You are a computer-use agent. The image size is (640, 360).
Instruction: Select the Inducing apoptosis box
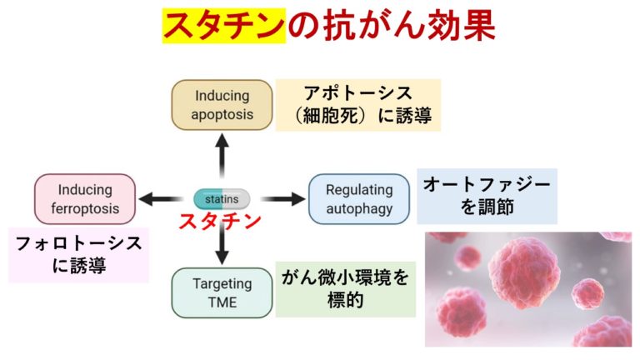222,105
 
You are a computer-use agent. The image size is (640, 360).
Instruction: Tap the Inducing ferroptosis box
85,199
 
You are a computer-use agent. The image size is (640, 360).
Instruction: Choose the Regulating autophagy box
359,199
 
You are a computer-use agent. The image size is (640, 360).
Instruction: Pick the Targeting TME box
222,292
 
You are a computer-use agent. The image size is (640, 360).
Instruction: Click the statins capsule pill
222,199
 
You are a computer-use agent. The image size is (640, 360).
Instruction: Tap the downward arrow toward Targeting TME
222,246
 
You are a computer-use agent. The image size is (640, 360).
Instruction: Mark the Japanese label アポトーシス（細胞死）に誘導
357,105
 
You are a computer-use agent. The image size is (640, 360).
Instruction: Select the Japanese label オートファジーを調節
487,196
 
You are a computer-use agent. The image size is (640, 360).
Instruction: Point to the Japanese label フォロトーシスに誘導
79,255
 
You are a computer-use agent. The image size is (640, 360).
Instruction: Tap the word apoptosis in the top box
222,115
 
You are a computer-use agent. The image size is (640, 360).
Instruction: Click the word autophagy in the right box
359,209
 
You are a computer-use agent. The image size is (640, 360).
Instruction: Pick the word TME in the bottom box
222,302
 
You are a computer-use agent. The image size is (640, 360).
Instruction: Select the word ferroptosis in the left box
85,209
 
